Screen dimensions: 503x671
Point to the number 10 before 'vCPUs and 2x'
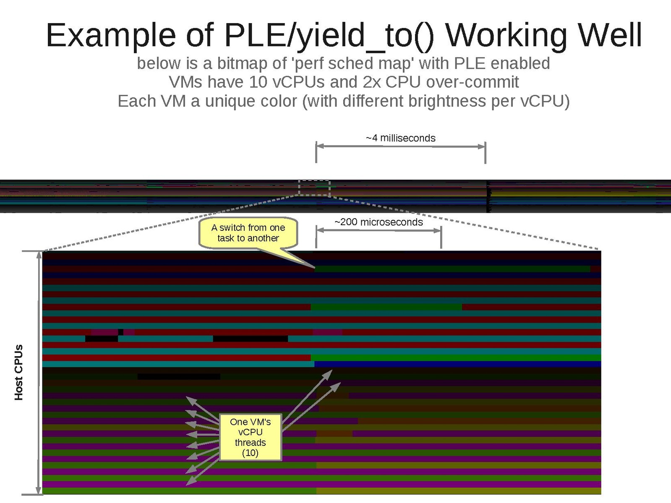pos(258,82)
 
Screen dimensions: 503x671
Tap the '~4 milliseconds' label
pos(400,138)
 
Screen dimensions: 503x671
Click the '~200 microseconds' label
pos(379,222)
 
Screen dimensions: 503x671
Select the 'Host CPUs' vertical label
pos(18,372)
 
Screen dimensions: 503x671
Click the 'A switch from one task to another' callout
pos(248,233)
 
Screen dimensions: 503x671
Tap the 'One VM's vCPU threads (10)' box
pos(250,437)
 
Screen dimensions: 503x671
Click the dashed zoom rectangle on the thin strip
pos(314,188)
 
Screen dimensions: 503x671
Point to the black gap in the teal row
pos(250,339)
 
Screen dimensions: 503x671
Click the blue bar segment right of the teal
pos(457,364)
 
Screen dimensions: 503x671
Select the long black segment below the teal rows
pos(178,377)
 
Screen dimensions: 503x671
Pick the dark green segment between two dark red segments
pos(386,307)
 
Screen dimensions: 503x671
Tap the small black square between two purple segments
pos(121,332)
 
